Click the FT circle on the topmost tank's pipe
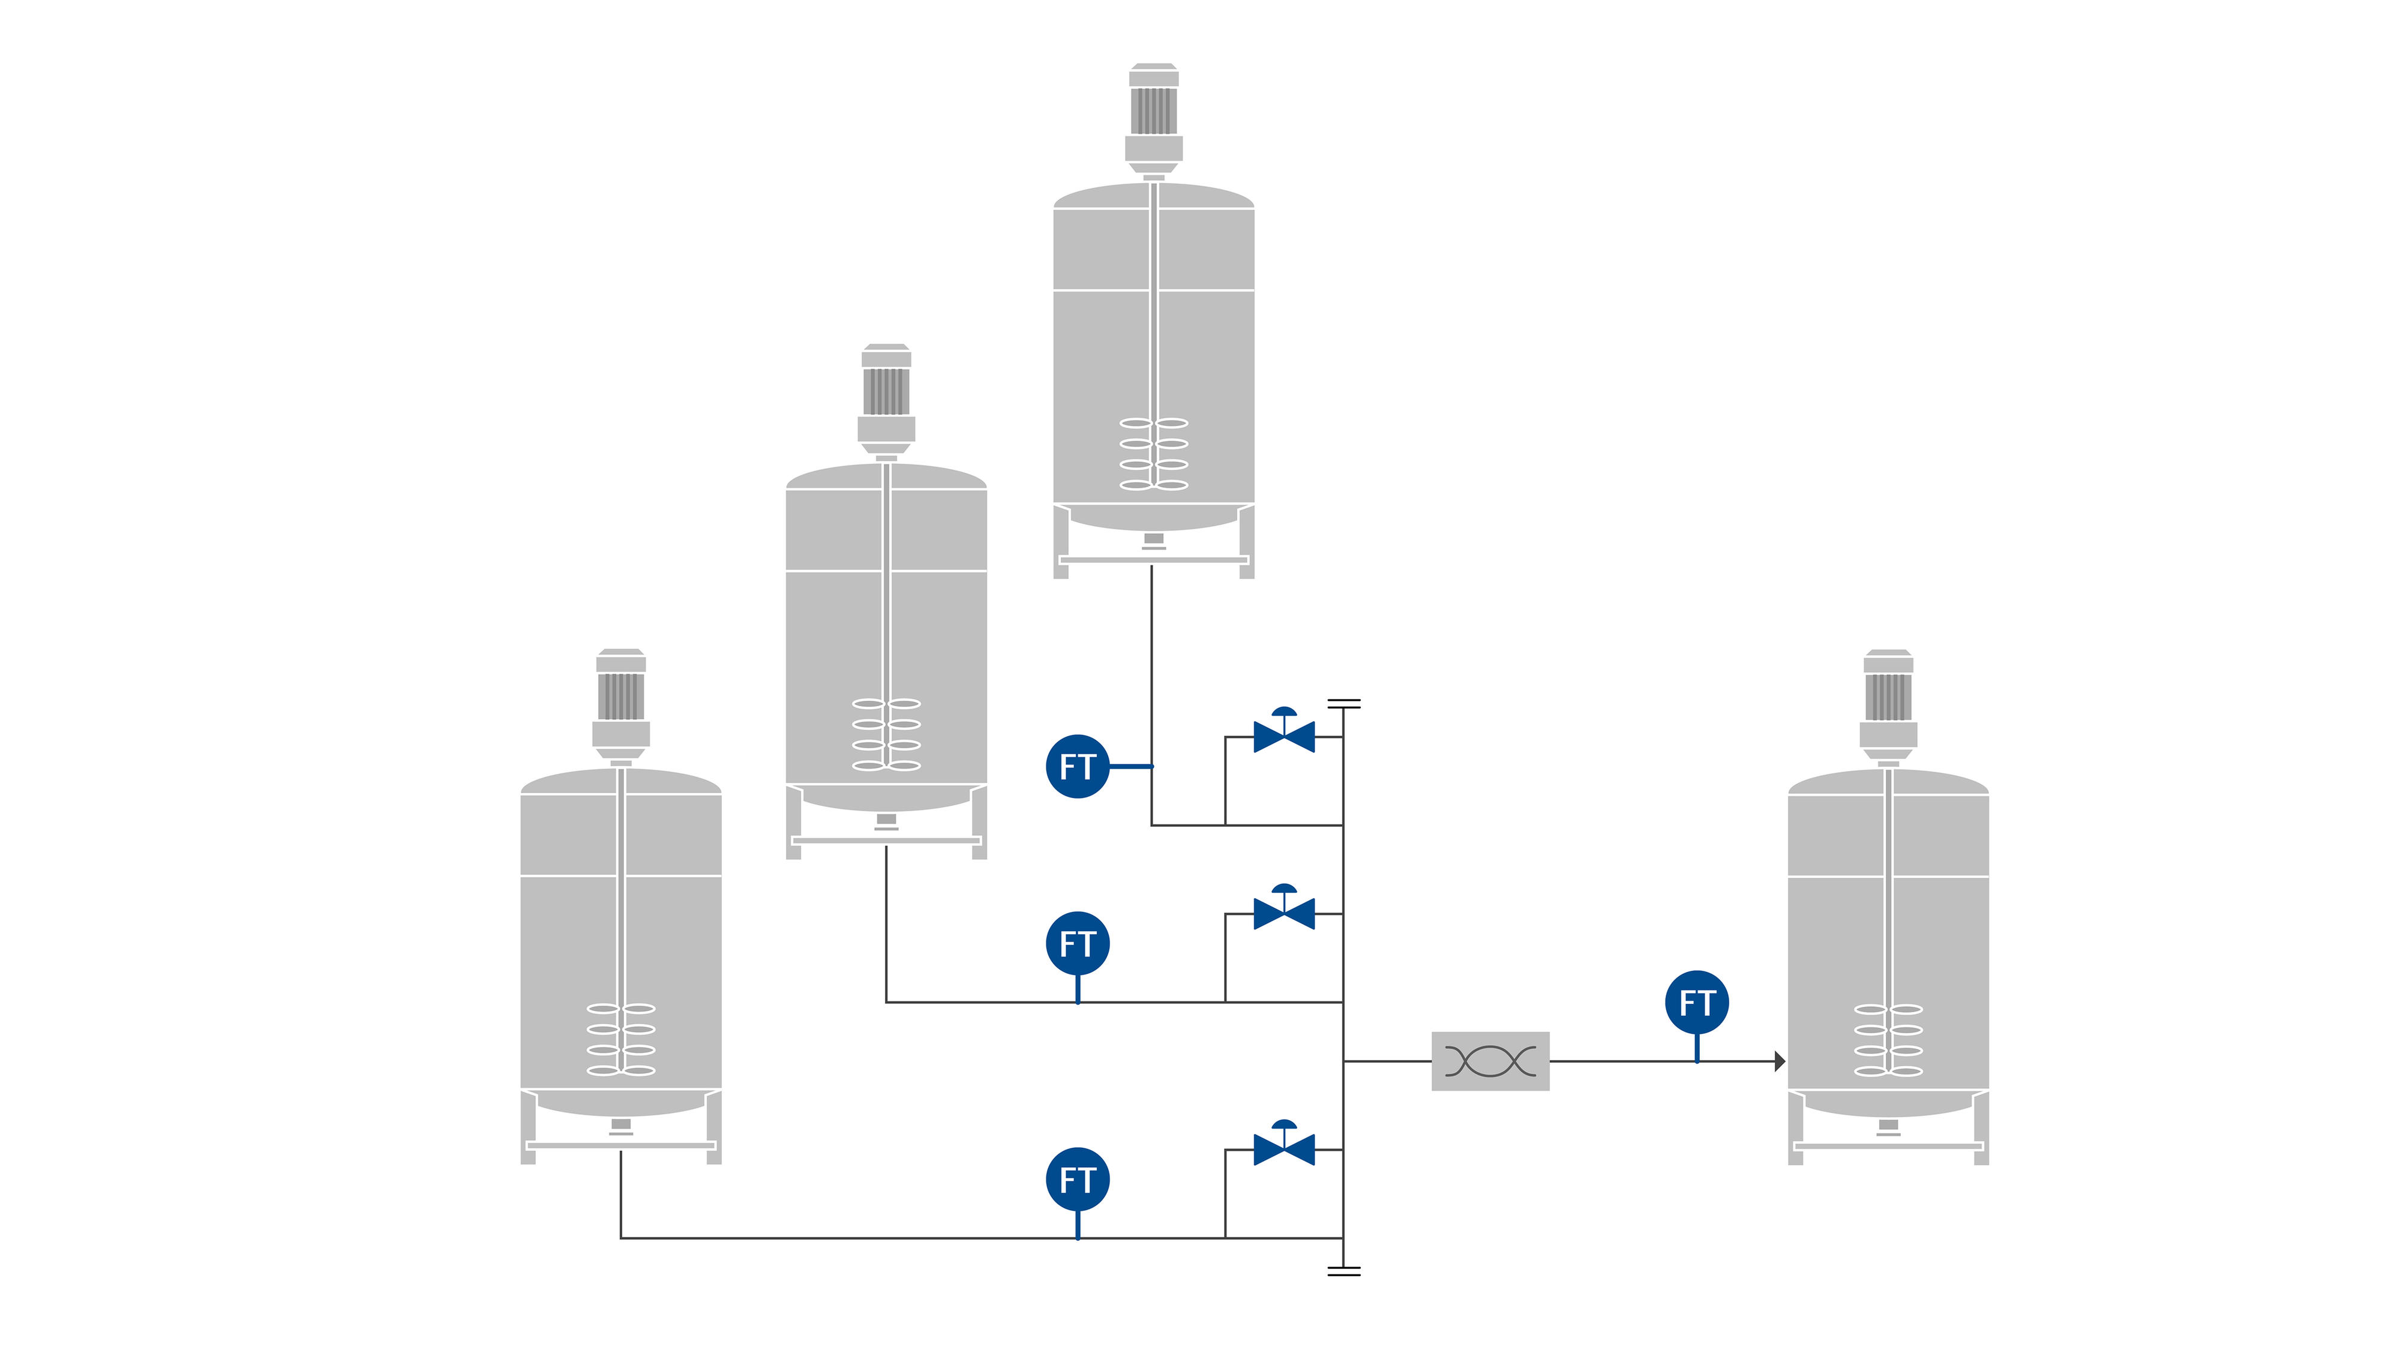[x=1077, y=767]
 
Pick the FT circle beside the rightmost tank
[x=1697, y=1003]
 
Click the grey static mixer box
[x=1490, y=1061]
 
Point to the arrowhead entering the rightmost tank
[x=1780, y=1061]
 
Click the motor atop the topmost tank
[x=1153, y=111]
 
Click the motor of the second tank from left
[x=886, y=391]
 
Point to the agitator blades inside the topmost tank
[x=1153, y=454]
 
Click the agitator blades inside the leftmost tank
[x=620, y=1040]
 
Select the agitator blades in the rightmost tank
[x=1888, y=1040]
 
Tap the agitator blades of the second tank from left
[x=886, y=735]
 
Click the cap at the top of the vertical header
[x=1343, y=703]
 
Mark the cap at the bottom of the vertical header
[x=1343, y=1271]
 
